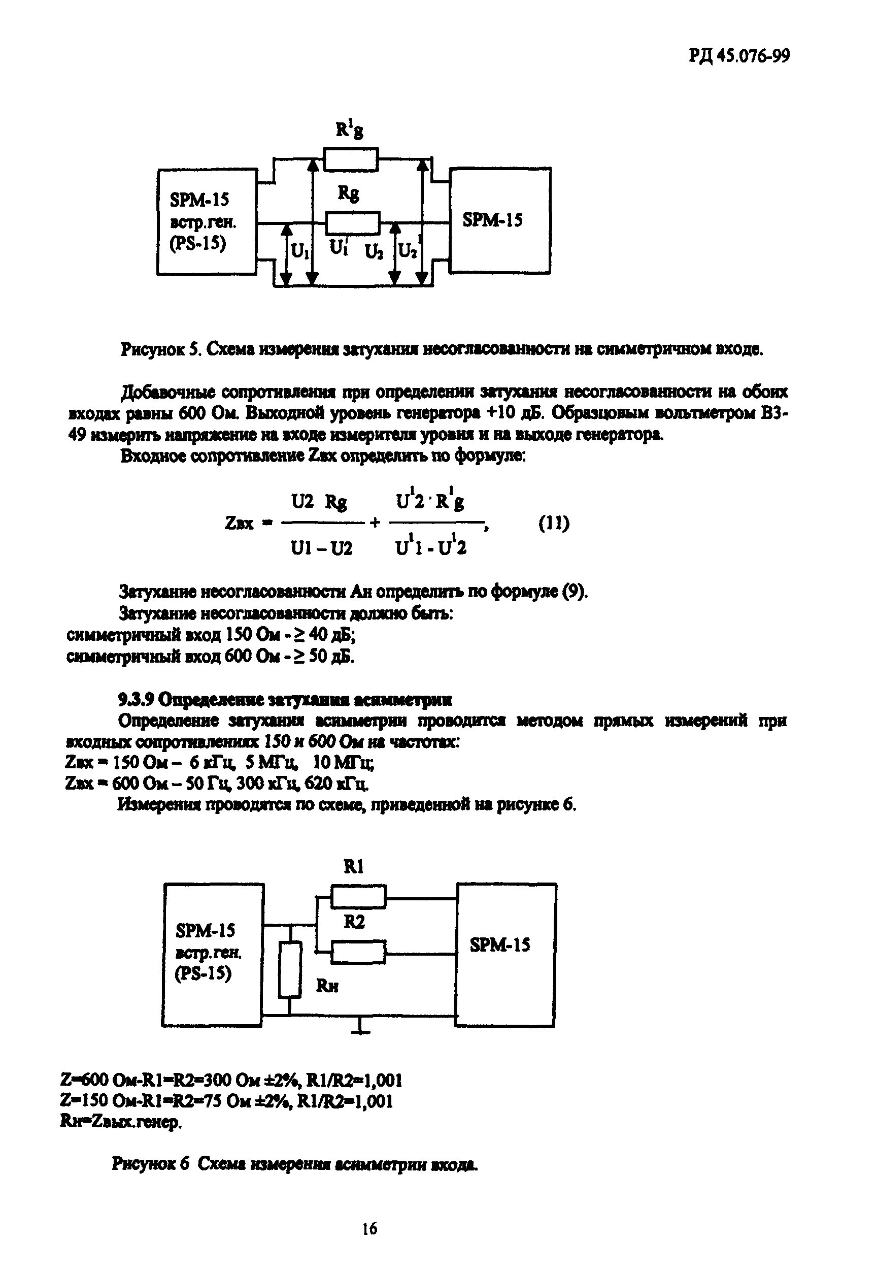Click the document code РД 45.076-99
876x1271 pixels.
[x=739, y=56]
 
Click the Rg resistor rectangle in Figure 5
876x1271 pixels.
[x=352, y=223]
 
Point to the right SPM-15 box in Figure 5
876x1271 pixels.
[x=499, y=221]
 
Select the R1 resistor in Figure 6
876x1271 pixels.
[x=358, y=897]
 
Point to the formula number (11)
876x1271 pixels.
[x=553, y=523]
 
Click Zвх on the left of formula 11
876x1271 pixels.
[x=240, y=524]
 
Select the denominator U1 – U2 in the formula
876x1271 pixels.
[x=322, y=548]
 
